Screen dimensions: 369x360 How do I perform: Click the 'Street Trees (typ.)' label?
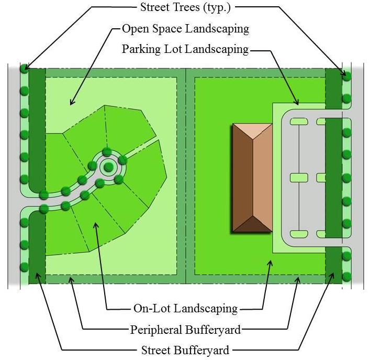(x=185, y=7)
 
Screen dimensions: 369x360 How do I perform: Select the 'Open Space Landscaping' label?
(x=185, y=29)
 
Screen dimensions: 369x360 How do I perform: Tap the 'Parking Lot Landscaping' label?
(x=185, y=49)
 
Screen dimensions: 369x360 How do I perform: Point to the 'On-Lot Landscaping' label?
(x=185, y=309)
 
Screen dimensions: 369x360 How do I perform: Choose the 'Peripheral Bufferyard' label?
(x=185, y=330)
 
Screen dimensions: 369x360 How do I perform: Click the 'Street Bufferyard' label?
(x=185, y=350)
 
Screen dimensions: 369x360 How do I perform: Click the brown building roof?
(x=252, y=178)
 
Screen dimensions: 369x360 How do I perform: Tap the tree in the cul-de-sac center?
(x=108, y=167)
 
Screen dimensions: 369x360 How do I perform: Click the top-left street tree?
(x=24, y=69)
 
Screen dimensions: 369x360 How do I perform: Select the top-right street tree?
(x=346, y=77)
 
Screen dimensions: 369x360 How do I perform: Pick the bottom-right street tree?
(x=346, y=277)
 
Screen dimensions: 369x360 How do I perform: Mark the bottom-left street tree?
(x=24, y=267)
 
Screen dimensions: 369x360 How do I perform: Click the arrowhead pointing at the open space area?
(x=72, y=102)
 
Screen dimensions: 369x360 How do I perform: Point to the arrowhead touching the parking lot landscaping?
(x=297, y=102)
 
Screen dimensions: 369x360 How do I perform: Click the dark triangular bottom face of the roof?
(x=252, y=224)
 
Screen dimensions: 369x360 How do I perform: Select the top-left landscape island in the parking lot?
(x=299, y=122)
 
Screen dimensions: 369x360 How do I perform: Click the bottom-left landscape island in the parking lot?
(x=299, y=234)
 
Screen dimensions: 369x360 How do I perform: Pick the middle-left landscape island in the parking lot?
(x=299, y=178)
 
